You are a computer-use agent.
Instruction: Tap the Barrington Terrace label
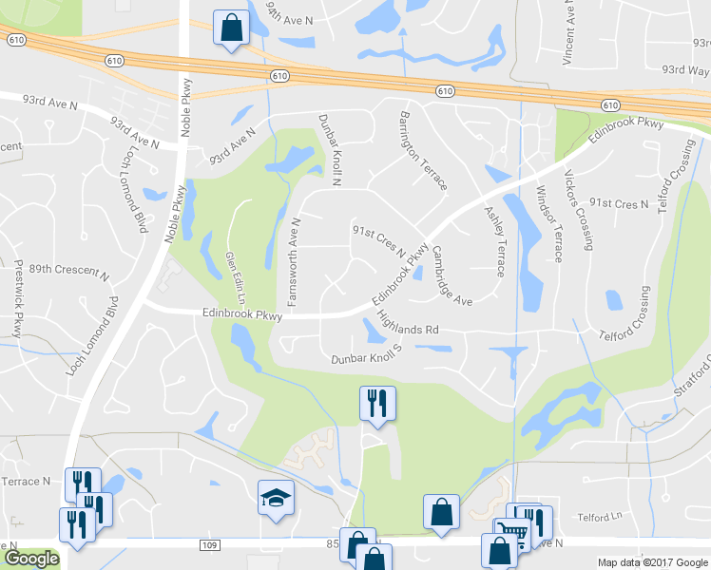422,151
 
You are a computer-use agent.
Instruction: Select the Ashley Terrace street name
493,241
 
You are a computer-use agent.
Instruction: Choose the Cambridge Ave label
452,276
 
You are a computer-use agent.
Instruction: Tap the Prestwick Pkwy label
18,299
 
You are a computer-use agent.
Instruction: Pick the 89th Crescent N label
68,271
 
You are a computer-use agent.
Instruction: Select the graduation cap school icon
277,499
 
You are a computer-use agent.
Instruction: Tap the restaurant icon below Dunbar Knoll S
377,403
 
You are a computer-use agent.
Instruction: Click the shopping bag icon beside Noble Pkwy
231,28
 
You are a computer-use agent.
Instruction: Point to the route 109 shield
210,545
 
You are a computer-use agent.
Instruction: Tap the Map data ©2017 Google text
652,562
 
